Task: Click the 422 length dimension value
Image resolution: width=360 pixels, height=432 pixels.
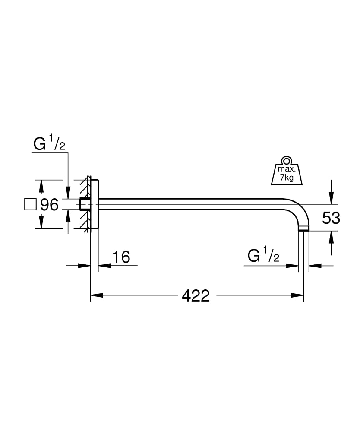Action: (196, 295)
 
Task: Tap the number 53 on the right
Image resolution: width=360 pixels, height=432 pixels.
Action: (331, 218)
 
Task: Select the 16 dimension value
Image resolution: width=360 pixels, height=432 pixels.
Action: (121, 257)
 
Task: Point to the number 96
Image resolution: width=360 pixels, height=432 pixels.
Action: (49, 204)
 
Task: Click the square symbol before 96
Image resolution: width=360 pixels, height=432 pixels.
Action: (31, 204)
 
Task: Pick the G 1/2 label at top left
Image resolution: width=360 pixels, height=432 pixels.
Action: (49, 144)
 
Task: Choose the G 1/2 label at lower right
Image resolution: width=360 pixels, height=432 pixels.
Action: (263, 256)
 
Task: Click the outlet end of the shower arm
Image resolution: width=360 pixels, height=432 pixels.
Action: (304, 229)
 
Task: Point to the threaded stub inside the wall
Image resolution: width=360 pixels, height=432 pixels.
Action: (85, 204)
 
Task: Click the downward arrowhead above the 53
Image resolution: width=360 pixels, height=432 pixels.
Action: (331, 199)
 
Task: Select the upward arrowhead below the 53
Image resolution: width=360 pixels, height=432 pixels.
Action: (331, 236)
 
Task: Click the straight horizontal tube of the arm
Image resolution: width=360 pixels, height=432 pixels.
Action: (194, 204)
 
